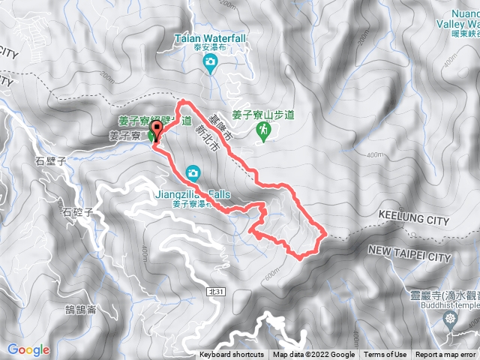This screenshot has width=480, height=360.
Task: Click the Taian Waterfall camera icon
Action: click(211, 61)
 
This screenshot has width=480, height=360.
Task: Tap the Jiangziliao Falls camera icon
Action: click(193, 174)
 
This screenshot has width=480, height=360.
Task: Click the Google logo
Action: click(28, 349)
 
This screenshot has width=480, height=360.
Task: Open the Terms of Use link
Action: click(385, 355)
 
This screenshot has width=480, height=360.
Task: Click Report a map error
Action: click(446, 355)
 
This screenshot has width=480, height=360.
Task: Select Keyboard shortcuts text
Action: click(232, 355)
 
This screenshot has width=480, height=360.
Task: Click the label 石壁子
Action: click(51, 160)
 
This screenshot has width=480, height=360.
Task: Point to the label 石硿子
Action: click(77, 212)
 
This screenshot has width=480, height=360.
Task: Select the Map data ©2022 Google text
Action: click(313, 355)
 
